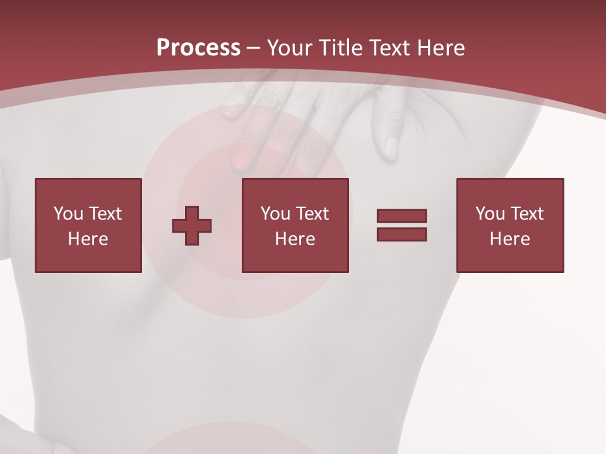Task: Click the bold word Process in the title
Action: (198, 47)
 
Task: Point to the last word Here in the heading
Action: (440, 47)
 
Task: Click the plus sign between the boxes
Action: (192, 225)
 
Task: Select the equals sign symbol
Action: (401, 225)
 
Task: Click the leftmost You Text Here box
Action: (88, 225)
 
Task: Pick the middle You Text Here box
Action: (295, 225)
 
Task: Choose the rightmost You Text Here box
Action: (509, 225)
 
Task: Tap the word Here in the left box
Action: (88, 239)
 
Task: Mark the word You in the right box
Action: (490, 214)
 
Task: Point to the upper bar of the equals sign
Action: (401, 216)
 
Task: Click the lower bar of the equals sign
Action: (401, 234)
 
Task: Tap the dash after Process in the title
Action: (254, 47)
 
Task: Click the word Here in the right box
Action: (509, 239)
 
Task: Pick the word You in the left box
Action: (68, 214)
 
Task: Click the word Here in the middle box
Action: (295, 239)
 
